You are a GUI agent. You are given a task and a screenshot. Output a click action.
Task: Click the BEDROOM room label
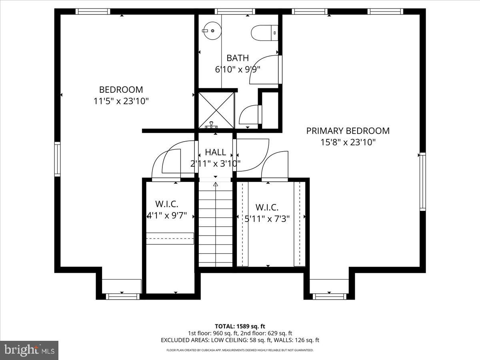(x=121, y=90)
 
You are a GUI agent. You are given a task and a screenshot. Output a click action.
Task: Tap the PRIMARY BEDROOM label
(x=348, y=131)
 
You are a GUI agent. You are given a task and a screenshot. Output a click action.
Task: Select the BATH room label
(x=238, y=58)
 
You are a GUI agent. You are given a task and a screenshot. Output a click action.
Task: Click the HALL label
(x=215, y=152)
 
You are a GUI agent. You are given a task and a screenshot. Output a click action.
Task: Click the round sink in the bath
(x=211, y=30)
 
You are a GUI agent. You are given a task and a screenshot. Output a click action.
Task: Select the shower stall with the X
(x=216, y=109)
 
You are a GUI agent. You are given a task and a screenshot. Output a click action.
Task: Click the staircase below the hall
(x=216, y=224)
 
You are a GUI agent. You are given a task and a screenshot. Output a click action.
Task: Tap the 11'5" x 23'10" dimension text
(x=121, y=101)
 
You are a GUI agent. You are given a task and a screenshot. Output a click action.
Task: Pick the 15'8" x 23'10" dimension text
(x=348, y=142)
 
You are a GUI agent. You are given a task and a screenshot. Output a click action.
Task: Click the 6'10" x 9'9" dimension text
(x=238, y=69)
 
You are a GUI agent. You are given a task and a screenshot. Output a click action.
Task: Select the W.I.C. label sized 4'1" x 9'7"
(x=166, y=204)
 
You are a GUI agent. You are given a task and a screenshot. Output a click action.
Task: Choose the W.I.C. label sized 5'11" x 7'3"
(x=267, y=208)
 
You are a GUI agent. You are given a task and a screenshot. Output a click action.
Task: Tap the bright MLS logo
(x=29, y=350)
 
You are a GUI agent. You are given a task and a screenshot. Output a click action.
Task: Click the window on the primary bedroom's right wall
(x=422, y=182)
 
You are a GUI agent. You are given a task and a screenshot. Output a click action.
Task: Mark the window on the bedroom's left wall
(x=58, y=159)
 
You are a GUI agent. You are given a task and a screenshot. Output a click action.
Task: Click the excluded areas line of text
(x=240, y=340)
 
